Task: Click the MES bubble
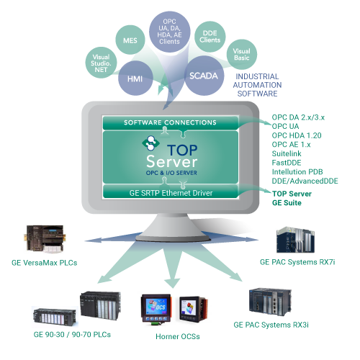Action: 130,40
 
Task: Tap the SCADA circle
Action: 204,76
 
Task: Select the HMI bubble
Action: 135,78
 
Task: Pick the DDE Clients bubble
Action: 210,37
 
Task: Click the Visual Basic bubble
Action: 242,55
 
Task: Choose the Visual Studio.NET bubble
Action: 101,63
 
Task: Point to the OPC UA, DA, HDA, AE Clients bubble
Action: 170,32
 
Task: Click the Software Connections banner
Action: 171,122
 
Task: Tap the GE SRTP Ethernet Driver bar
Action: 171,192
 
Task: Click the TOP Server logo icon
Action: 150,143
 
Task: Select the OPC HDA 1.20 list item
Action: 297,135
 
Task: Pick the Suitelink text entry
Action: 287,153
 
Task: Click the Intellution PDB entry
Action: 297,172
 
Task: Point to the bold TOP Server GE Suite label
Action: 292,198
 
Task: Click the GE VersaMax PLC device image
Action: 45,239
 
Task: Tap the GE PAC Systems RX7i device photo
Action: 295,240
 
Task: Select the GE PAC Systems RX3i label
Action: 271,325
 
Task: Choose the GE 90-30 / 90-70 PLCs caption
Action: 72,335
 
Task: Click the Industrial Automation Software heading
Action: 257,85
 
